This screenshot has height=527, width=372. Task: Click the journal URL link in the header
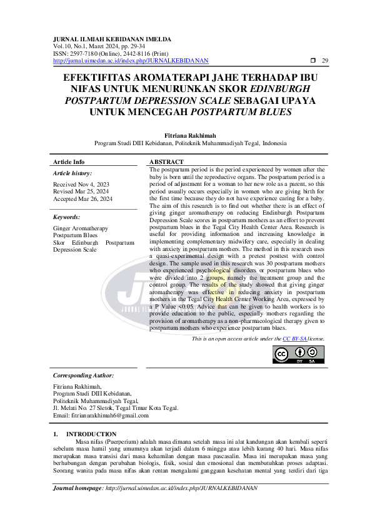(131, 61)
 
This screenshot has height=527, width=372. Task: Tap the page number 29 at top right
(324, 61)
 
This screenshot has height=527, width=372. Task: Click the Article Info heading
(69, 161)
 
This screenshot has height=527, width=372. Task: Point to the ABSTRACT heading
(166, 161)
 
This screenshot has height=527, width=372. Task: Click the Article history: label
(73, 173)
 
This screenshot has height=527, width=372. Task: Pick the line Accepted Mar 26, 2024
(83, 199)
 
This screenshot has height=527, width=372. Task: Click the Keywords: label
(68, 217)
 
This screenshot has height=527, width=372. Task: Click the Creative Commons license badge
(298, 354)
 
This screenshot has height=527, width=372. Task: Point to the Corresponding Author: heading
(84, 375)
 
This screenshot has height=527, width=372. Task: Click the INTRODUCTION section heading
(91, 434)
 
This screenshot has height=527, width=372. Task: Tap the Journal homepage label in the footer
(77, 487)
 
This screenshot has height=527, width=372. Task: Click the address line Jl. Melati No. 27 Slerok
(116, 407)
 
